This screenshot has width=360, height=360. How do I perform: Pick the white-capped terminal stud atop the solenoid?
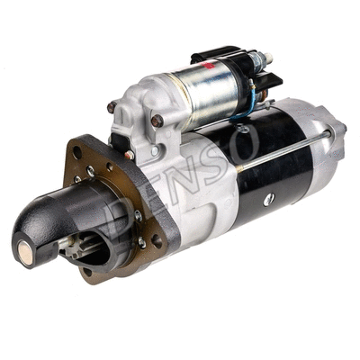click(x=267, y=59)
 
